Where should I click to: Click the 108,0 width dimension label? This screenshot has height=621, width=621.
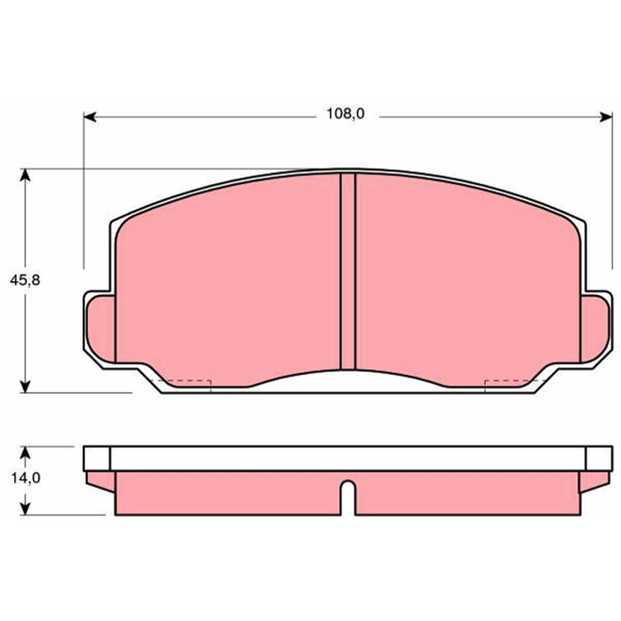point(345,114)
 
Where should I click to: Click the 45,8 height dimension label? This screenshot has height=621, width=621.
point(25,280)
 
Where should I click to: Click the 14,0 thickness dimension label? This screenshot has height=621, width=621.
point(26,478)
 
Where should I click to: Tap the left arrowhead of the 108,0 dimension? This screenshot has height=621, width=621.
point(90,117)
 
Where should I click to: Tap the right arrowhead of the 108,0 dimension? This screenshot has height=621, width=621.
point(606,117)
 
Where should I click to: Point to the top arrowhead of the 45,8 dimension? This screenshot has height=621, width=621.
point(25,175)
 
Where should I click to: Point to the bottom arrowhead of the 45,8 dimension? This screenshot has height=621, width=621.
point(25,387)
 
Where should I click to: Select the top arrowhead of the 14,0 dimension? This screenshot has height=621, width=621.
point(25,453)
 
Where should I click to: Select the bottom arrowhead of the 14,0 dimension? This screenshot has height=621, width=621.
point(25,509)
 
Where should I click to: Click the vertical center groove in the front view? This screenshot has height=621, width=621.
point(348,271)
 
